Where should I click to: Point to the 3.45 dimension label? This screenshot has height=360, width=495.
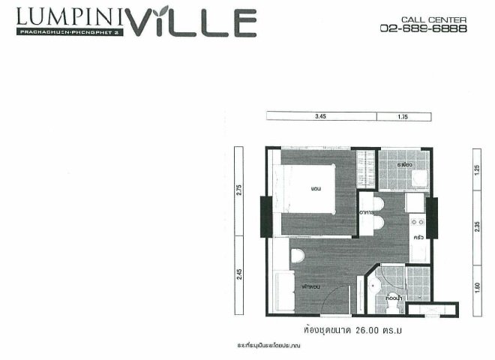tap(321, 116)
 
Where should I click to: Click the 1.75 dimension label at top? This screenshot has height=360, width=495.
tap(401, 116)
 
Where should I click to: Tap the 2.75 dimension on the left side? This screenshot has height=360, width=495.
tap(239, 190)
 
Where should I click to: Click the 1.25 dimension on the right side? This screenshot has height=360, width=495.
tap(477, 169)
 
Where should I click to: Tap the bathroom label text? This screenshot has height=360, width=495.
tap(391, 298)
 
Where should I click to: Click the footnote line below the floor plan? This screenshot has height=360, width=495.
tap(271, 346)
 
